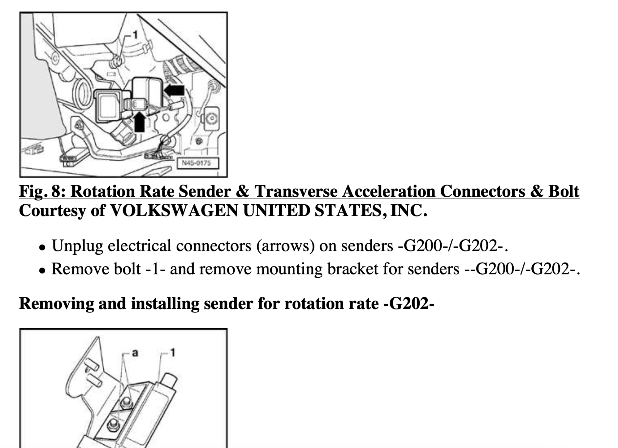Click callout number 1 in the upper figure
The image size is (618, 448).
click(135, 35)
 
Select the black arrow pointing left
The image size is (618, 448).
click(174, 90)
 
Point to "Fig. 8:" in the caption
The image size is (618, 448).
click(42, 191)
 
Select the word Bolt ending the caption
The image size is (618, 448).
click(564, 191)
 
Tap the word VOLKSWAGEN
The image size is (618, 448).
click(174, 211)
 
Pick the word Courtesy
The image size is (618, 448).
click(52, 211)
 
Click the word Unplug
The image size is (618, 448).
click(77, 246)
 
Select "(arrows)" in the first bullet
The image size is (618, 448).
click(285, 246)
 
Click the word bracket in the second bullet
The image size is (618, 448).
click(352, 269)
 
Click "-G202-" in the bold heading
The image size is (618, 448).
click(408, 304)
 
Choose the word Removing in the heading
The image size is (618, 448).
click(56, 304)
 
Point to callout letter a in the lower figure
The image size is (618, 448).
click(135, 353)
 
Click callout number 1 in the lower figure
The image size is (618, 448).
click(173, 352)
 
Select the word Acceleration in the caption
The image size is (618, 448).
click(389, 191)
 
